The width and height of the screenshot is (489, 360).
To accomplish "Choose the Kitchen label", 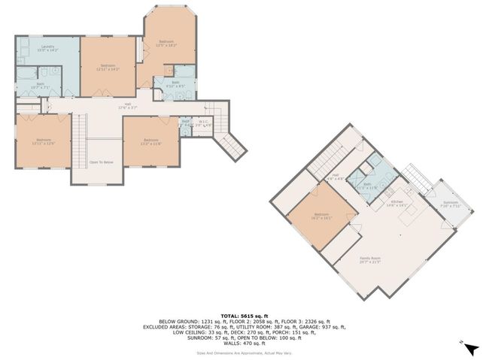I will point(396,203).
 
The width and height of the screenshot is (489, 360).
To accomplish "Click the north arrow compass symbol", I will point(470,349).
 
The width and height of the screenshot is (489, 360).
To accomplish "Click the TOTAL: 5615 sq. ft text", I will point(244,316).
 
